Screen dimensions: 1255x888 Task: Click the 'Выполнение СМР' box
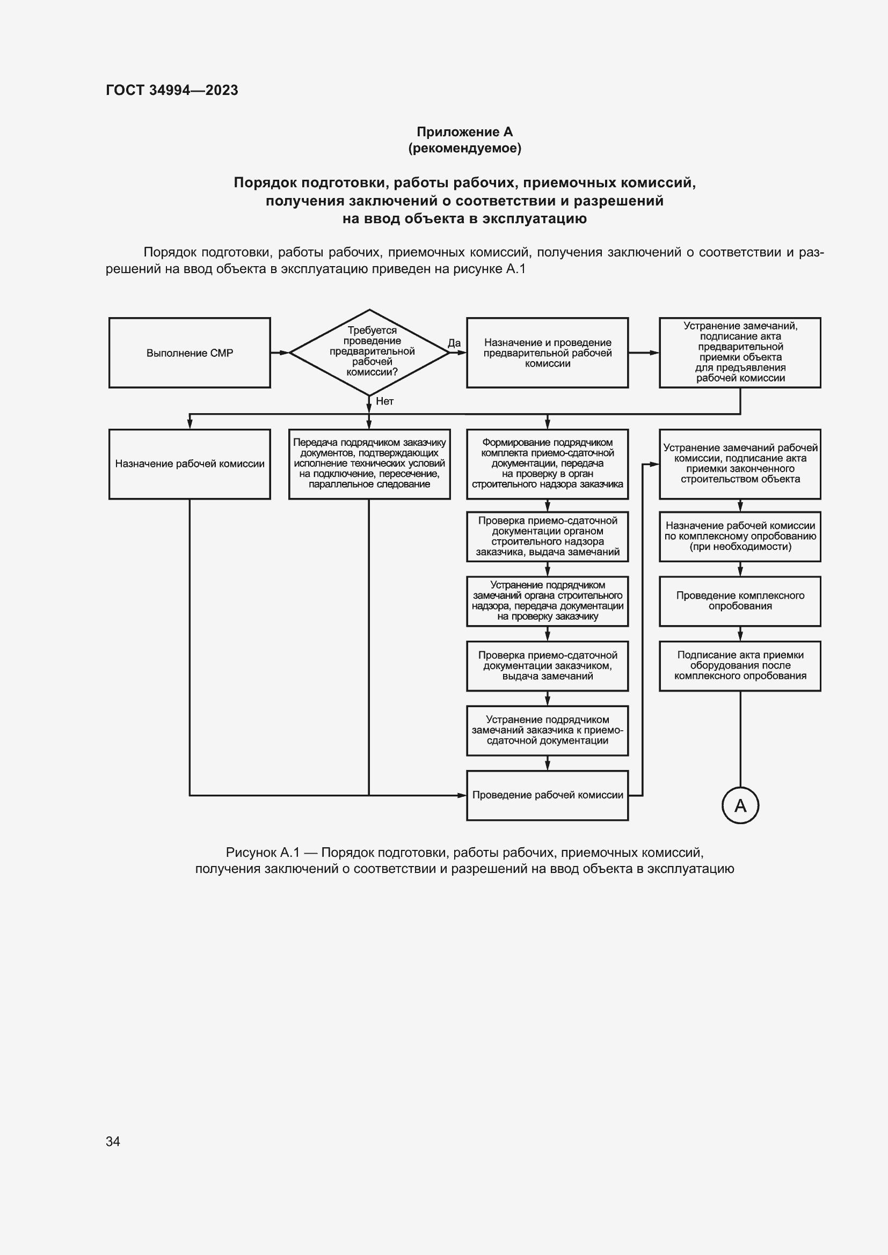(x=189, y=353)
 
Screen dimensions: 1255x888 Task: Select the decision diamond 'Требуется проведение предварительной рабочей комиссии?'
(x=369, y=352)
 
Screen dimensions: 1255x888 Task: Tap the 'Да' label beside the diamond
(x=454, y=343)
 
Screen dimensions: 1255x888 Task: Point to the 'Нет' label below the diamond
(x=384, y=401)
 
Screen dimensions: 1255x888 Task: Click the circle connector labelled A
(x=740, y=805)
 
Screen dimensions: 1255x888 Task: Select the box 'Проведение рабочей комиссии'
(x=547, y=795)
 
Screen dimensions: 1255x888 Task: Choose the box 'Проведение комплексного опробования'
(x=740, y=601)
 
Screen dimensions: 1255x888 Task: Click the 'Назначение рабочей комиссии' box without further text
(x=189, y=464)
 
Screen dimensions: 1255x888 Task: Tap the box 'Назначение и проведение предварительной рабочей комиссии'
(x=547, y=353)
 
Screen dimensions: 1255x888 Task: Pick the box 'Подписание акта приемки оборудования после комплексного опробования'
(x=740, y=666)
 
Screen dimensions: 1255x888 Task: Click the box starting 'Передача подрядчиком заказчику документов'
(x=369, y=464)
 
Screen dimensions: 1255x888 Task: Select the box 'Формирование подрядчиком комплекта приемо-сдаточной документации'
(x=547, y=464)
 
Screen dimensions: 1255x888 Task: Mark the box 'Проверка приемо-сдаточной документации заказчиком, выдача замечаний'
(x=547, y=666)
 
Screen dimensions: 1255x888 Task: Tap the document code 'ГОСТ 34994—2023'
(x=172, y=90)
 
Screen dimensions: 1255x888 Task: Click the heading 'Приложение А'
(x=465, y=132)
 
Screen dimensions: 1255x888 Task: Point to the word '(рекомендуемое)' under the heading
(x=465, y=148)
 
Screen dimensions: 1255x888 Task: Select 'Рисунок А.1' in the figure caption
(x=263, y=853)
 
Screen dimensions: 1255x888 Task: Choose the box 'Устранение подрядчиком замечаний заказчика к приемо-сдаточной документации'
(x=547, y=730)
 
